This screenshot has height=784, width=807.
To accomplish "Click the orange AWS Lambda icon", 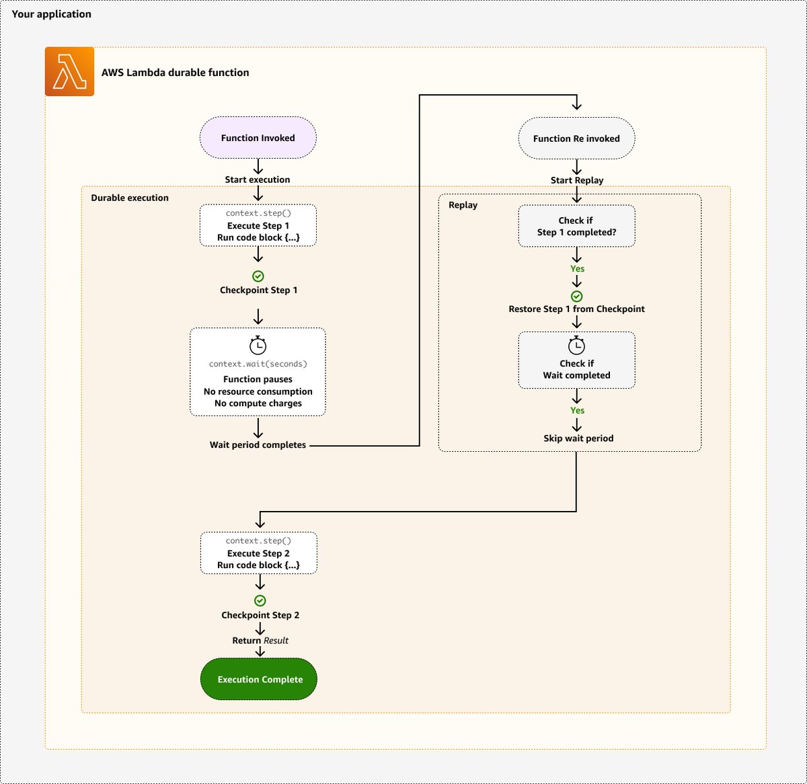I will [69, 72].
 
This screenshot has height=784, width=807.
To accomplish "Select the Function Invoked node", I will [258, 138].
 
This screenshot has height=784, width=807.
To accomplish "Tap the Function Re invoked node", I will [576, 139].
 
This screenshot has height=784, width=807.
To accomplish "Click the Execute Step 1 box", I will [258, 225].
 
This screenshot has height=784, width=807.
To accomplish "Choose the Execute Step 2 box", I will [258, 553].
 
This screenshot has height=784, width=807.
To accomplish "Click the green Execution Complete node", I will [260, 679].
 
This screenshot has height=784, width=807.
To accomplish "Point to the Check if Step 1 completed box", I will [576, 226].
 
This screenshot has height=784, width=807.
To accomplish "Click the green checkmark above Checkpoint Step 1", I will [258, 276].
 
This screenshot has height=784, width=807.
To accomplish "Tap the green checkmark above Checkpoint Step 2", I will [260, 601].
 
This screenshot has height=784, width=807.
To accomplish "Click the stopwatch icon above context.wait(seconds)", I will [258, 346].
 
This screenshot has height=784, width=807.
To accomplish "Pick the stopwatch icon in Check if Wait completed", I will [576, 346].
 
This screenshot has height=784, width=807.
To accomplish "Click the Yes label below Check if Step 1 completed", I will [577, 268].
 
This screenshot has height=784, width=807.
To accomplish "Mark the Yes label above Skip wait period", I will [577, 410].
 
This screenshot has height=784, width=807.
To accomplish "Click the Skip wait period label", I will [578, 438].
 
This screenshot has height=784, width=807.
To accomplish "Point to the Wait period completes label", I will [258, 445].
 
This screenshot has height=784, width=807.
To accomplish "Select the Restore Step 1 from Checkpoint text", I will [576, 309].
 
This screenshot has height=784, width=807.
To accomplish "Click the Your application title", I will [51, 14].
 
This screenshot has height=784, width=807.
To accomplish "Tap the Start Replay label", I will [576, 180].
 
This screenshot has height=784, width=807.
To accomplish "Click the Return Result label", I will [260, 641].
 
